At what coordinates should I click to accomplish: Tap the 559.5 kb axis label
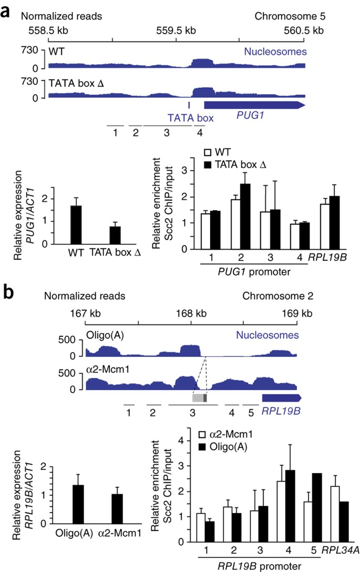[176, 30]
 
